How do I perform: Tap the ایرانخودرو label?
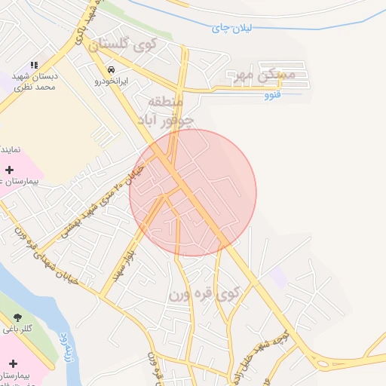(x=112, y=80)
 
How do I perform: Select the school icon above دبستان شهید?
(x=34, y=66)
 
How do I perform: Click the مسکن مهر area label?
(x=267, y=75)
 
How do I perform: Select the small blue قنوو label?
(x=273, y=96)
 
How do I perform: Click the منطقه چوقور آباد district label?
(x=166, y=110)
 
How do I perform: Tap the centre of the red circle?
(x=193, y=192)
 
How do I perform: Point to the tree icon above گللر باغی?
(x=17, y=317)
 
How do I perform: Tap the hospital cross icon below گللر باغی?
(x=13, y=363)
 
